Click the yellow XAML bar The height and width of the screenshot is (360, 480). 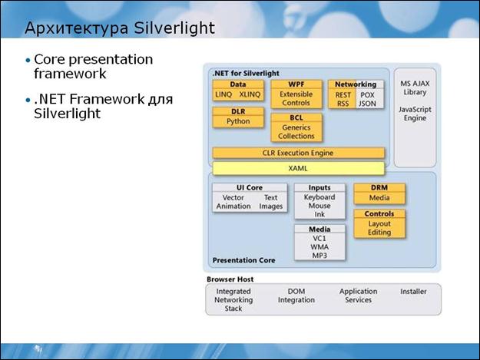299,168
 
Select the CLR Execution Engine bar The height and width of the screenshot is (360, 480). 299,153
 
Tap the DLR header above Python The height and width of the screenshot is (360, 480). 238,111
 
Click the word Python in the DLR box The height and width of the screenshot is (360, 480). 238,121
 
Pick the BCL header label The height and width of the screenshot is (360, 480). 296,117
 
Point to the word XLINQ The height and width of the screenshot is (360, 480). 250,94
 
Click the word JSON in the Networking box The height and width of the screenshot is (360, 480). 367,104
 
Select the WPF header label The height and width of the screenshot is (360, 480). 296,84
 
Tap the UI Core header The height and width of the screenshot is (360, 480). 250,187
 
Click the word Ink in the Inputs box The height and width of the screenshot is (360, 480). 319,214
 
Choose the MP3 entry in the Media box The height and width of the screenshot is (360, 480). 319,256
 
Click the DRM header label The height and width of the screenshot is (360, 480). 379,187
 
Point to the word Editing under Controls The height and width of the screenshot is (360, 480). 379,233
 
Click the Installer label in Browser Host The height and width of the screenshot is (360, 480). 413,292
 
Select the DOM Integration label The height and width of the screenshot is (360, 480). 296,296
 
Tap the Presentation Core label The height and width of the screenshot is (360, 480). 243,260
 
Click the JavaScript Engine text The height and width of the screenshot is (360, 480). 415,114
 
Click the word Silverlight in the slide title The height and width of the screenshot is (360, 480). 174,28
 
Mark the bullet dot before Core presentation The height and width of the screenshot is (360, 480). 28,60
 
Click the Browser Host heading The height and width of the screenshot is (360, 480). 230,279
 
